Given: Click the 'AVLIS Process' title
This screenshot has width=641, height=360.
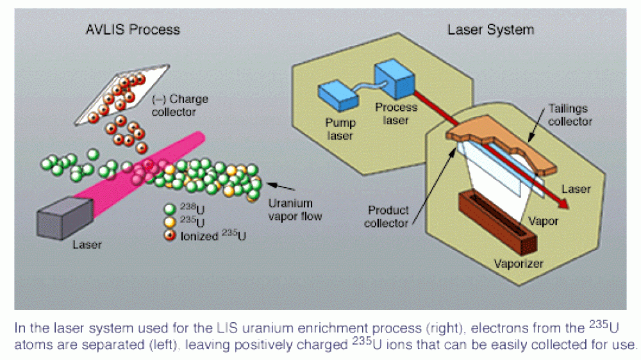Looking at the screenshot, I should point(133,29).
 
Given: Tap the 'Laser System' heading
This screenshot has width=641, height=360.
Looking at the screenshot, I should point(490,29).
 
